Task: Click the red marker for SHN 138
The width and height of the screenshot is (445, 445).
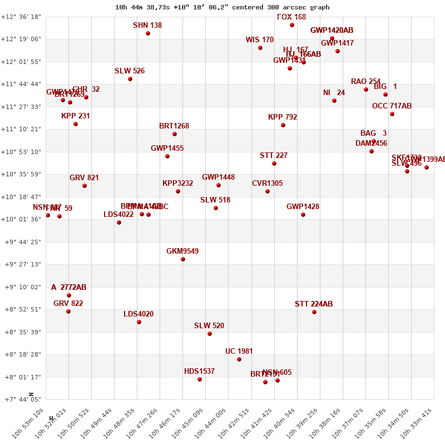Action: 148,33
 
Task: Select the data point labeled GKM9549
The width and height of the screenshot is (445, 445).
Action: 183,259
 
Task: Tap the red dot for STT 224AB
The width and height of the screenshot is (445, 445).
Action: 314,312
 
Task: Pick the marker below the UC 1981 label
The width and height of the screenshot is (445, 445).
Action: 239,359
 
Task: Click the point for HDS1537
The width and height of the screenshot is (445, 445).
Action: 200,379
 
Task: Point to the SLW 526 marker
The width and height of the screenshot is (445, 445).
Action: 130,79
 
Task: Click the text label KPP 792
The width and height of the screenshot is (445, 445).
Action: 283,117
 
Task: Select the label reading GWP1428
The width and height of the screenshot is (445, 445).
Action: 303,207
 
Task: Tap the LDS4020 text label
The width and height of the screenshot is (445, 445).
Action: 139,314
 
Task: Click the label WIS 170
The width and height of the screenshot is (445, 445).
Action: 260,40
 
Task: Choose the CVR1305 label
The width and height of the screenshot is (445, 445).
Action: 267,184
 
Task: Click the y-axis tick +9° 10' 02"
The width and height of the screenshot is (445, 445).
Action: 21,287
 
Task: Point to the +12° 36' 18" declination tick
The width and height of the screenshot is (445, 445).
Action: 21,17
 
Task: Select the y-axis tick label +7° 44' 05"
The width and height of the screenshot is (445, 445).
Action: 21,399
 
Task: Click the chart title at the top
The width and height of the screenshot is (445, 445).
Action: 222,7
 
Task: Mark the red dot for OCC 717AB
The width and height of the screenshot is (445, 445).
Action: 392,114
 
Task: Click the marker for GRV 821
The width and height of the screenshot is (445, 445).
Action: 85,186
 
